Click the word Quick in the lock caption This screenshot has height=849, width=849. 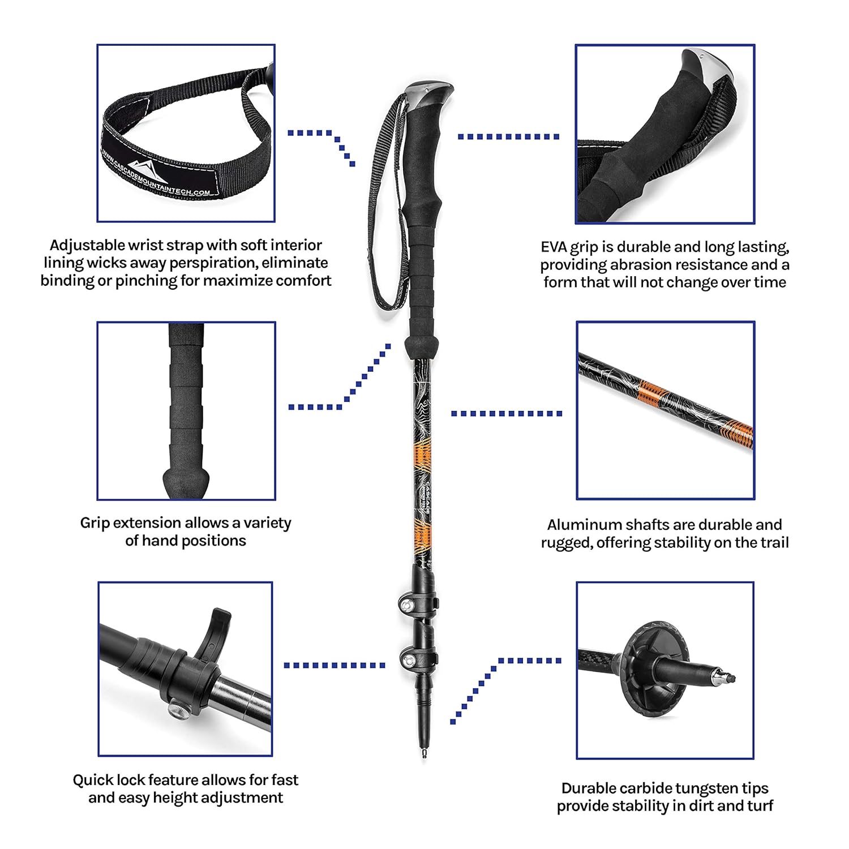[x=93, y=780]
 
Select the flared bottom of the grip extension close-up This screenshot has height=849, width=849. [x=186, y=481]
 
